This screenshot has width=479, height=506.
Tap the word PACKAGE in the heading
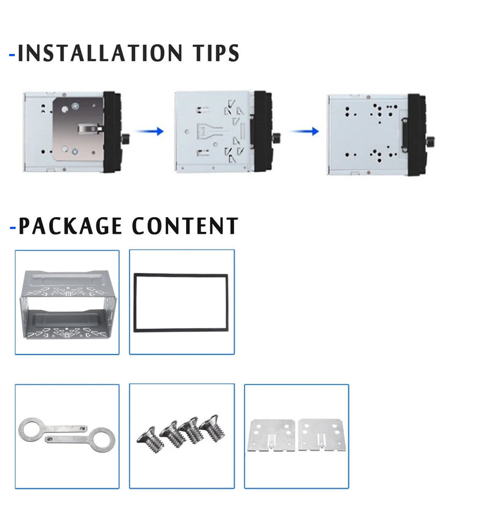[x=70, y=226]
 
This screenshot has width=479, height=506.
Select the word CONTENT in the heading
[x=185, y=226]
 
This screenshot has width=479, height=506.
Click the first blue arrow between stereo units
[x=150, y=131]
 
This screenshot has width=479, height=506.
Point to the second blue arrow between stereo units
[x=305, y=131]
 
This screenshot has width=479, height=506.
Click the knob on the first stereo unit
[x=125, y=135]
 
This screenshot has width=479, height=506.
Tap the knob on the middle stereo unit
[x=277, y=136]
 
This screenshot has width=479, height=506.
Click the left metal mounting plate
[x=271, y=434]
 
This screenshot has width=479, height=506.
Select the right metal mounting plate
[x=321, y=434]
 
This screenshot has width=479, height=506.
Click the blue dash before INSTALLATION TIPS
[x=12, y=55]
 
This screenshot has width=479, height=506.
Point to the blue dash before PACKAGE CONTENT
[x=12, y=229]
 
